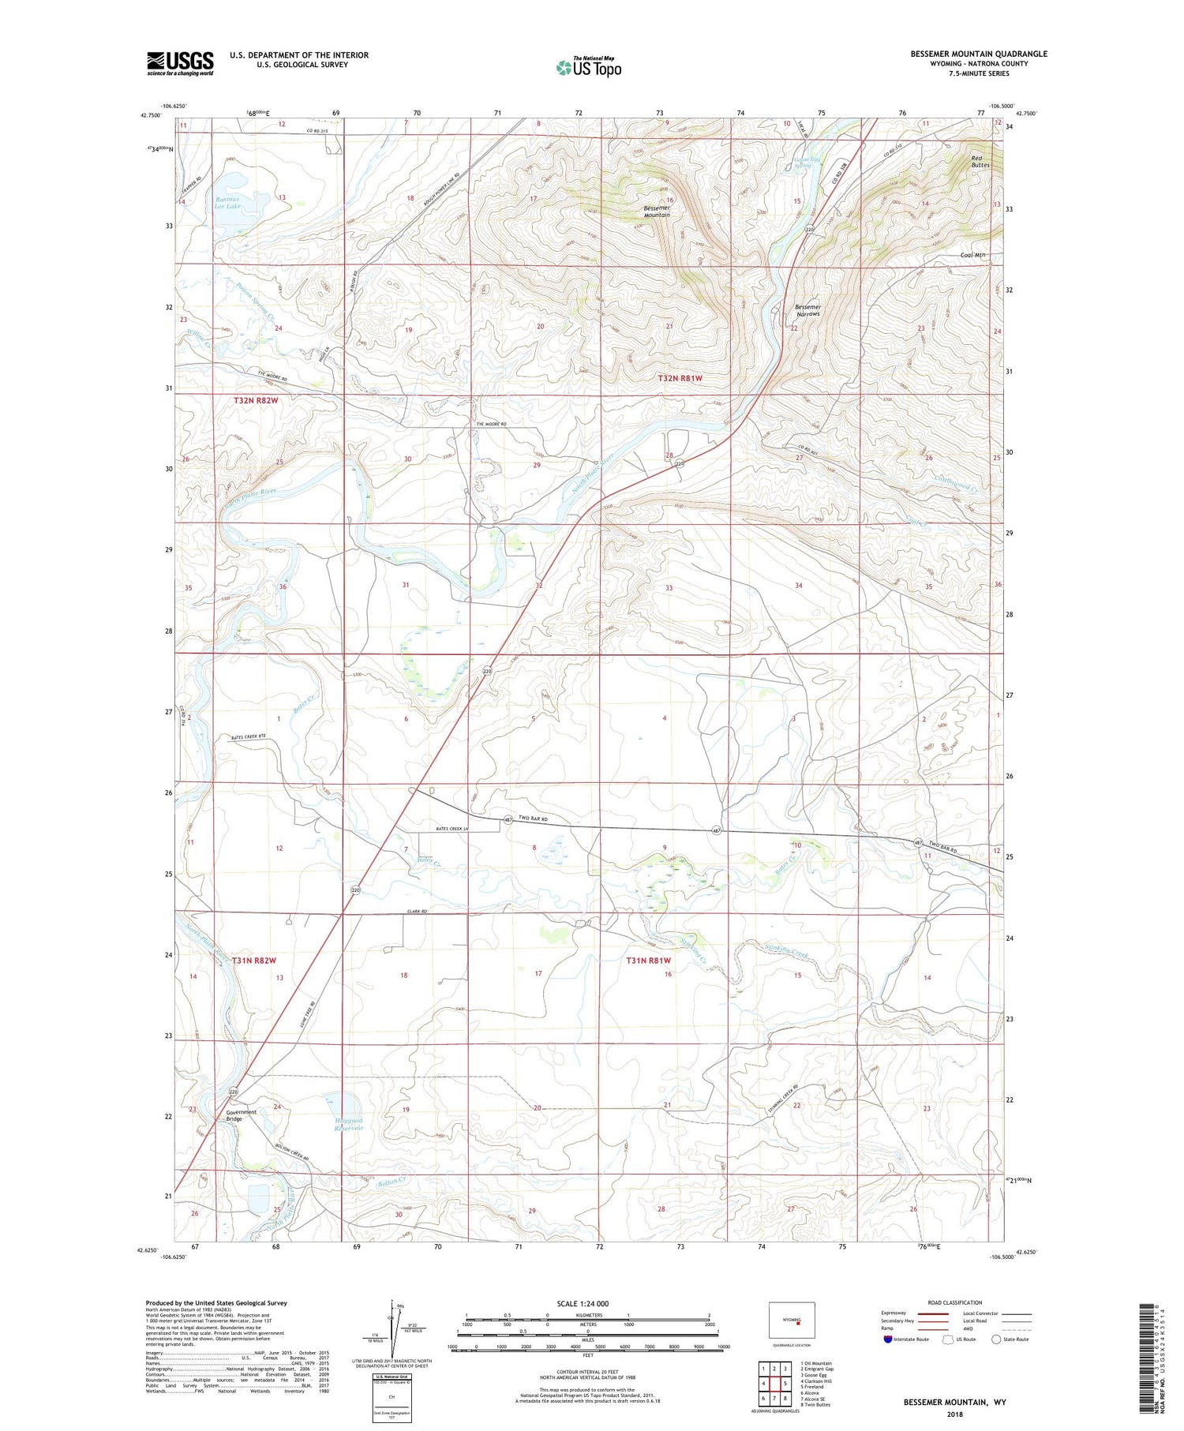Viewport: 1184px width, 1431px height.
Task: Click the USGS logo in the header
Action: coord(180,63)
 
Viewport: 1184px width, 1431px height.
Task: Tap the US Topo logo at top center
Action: coord(589,67)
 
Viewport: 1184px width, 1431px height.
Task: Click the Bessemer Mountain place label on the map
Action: coord(657,211)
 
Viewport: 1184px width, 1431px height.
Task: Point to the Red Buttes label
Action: coord(980,162)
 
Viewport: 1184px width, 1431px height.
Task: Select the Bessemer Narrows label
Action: coord(807,310)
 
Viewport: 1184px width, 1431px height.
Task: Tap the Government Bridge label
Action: coord(241,1115)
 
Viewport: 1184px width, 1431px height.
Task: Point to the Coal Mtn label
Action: coord(973,255)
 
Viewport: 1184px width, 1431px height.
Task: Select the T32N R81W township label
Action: coord(680,379)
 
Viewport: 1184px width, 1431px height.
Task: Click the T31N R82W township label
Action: coord(254,960)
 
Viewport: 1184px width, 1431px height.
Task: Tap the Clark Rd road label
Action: coord(418,912)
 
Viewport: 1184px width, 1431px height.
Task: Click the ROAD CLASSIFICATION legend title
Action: coord(955,1302)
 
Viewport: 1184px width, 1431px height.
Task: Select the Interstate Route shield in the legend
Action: coord(888,1339)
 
